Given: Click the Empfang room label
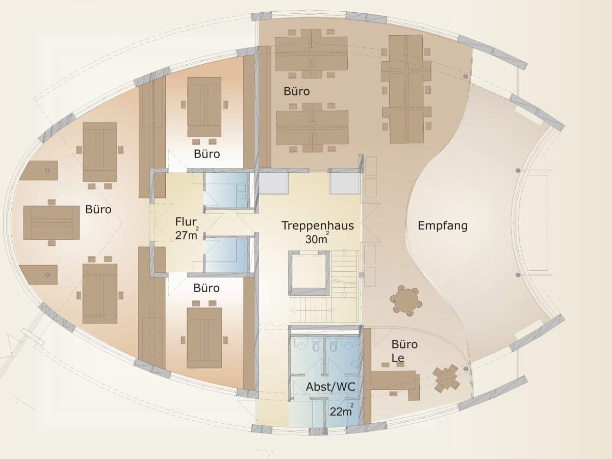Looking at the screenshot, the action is click(443, 226).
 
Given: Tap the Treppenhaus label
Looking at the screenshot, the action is click(318, 226).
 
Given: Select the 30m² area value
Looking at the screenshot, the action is click(317, 239).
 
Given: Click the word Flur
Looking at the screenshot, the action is click(186, 222).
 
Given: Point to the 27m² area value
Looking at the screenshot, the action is click(187, 235).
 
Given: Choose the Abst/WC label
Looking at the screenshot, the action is click(330, 387).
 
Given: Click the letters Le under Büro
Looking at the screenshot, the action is click(398, 358).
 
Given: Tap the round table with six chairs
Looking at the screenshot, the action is click(406, 300).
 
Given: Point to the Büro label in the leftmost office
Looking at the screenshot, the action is click(98, 209).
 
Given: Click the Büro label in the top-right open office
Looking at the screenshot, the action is click(297, 91).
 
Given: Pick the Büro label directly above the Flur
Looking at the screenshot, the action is click(207, 154).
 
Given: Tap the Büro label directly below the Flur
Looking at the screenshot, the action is click(207, 288).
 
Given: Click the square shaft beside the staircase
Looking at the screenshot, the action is click(309, 273).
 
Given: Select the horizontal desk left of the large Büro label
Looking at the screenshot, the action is click(52, 223).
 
